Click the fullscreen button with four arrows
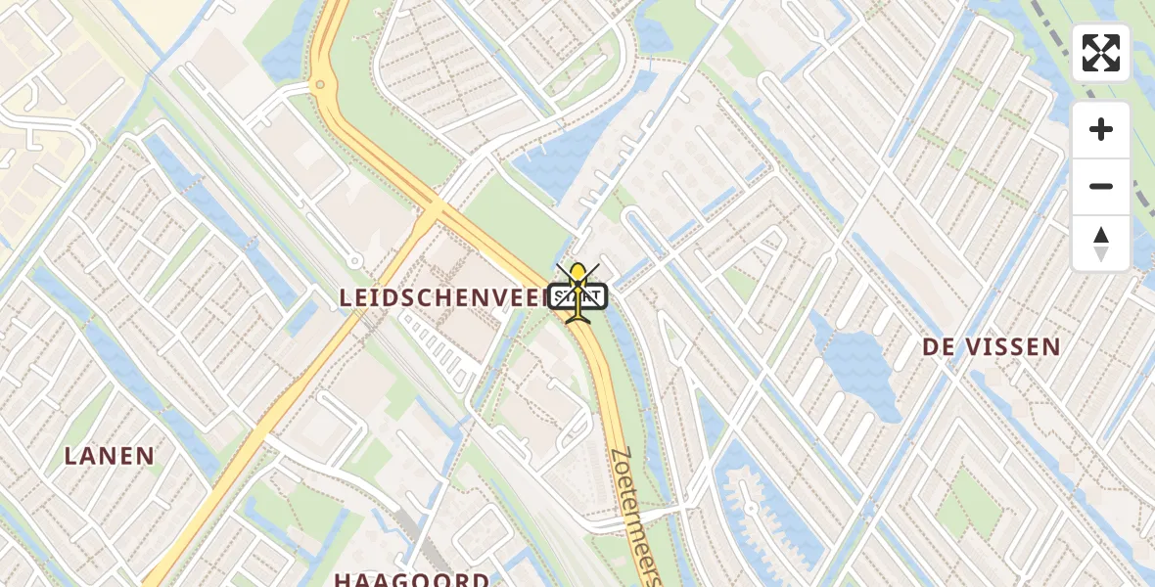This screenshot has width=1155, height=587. click(1100, 53)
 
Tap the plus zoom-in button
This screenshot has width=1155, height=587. click(1100, 129)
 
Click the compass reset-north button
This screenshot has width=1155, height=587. click(1100, 244)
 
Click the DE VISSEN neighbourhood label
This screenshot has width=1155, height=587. click(992, 346)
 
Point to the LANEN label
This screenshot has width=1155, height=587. click(110, 455)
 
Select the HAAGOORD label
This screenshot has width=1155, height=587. click(411, 579)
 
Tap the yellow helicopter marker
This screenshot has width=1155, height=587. click(578, 291)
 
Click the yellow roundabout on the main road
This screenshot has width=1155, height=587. click(319, 86)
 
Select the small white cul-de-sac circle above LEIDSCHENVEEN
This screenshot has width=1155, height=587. click(353, 261)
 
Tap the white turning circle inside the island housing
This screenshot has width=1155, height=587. click(751, 508)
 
